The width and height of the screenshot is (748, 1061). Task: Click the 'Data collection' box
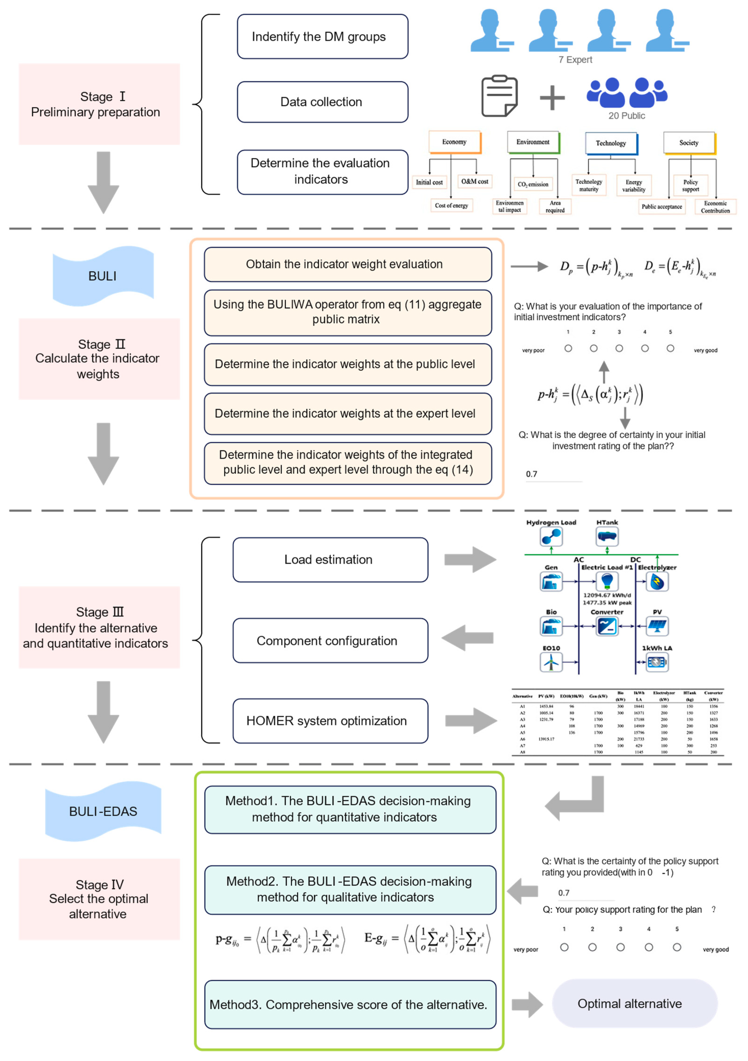tap(322, 102)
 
